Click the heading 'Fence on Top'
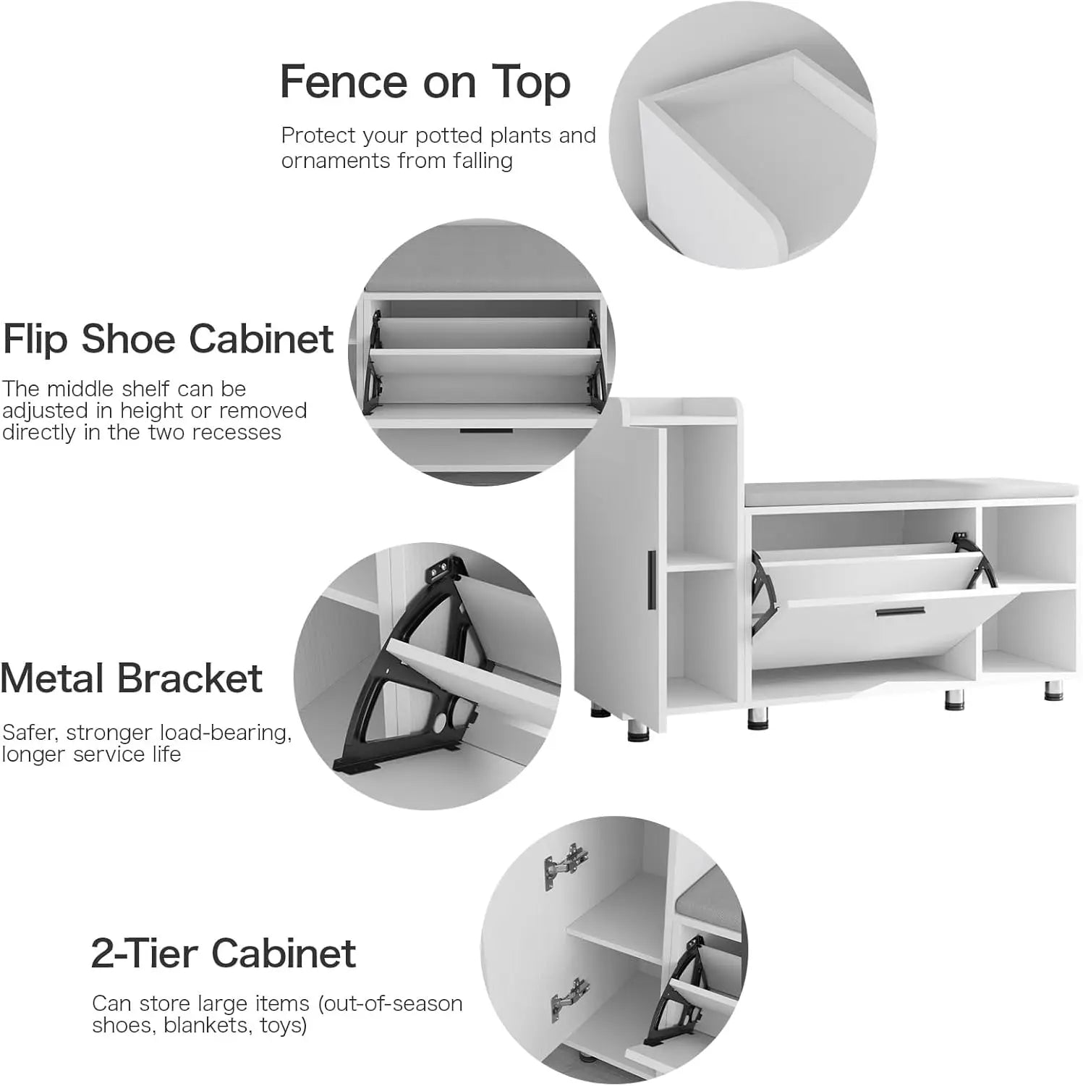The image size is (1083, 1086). [425, 82]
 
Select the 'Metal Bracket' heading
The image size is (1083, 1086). [132, 678]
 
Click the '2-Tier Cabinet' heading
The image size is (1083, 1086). [224, 953]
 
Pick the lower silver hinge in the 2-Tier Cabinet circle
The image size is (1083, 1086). [569, 997]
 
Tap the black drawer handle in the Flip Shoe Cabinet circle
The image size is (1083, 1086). [475, 432]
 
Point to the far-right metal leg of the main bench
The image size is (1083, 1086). [1053, 691]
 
